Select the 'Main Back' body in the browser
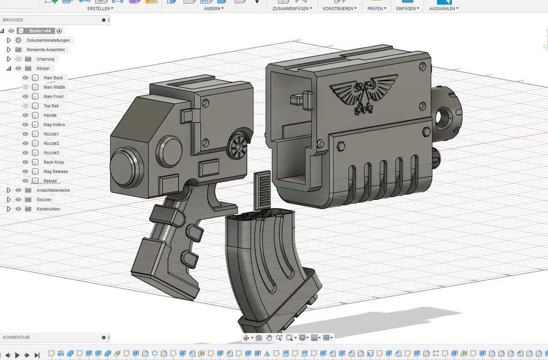pos(53,78)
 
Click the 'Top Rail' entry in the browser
pos(51,106)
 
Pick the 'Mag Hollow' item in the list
pos(54,124)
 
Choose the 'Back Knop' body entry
pos(54,162)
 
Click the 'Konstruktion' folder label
pos(48,209)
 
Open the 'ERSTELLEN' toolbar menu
pos(100,9)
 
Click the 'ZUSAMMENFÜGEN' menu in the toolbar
pos(292,9)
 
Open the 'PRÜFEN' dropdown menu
pos(376,9)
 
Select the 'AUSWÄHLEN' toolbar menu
pos(443,9)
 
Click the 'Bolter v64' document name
pos(40,31)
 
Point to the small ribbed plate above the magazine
pos(262,190)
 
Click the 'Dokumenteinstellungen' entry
pos(48,40)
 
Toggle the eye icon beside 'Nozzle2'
pos(25,143)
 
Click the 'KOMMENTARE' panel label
pos(17,337)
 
